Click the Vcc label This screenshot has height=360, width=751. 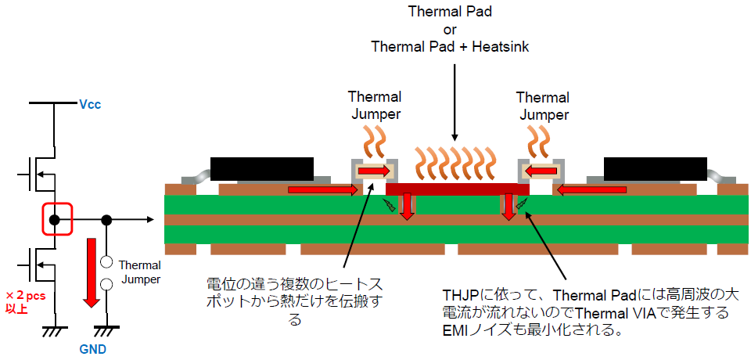90,103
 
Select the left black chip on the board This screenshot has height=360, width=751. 261,168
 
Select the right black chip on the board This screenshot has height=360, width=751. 656,168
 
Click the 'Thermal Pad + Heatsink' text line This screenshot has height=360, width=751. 450,47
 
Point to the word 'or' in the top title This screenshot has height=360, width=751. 450,30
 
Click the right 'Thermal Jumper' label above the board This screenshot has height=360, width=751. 542,105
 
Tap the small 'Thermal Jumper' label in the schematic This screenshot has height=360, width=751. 140,272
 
